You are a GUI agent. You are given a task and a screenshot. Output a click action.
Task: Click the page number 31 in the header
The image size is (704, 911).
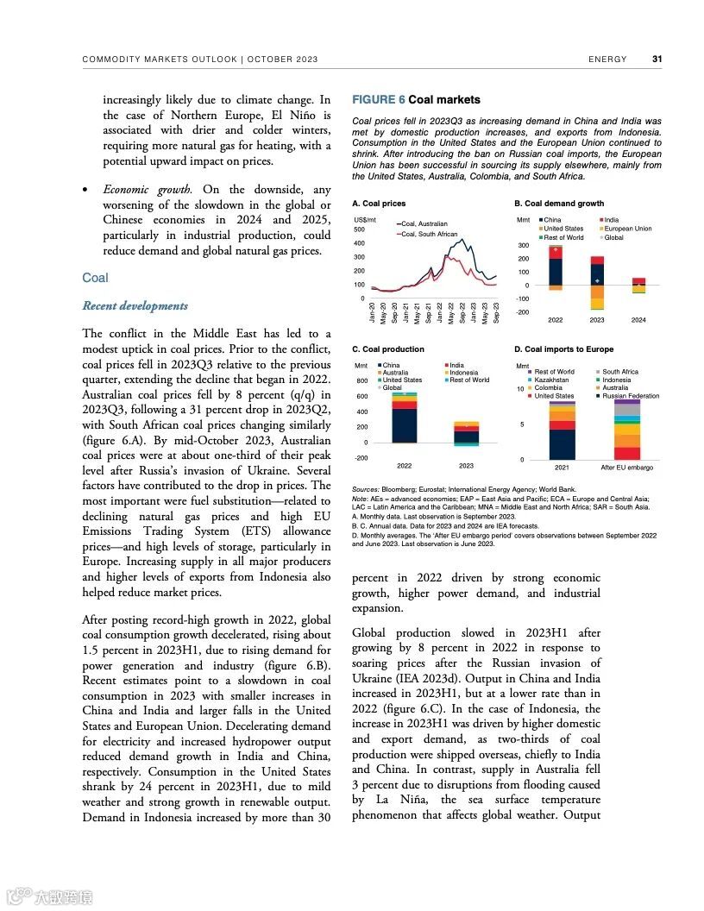pos(657,60)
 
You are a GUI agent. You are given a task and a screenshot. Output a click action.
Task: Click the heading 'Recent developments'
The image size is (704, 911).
pos(135,306)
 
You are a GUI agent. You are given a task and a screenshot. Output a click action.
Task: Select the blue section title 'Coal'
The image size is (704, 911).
pos(95,278)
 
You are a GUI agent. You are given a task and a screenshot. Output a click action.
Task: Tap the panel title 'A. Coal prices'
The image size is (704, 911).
pos(379,204)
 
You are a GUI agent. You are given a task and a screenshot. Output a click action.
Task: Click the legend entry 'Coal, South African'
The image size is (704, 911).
pos(429,234)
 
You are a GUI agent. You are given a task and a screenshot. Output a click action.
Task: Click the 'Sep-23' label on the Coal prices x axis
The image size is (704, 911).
pos(497,311)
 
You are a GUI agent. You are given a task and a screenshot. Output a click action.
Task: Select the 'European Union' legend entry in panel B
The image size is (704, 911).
pos(627,229)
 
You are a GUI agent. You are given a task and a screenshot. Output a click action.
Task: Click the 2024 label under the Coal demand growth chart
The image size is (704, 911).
pos(638,320)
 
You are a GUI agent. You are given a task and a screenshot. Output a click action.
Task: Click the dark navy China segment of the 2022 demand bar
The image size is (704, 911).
pos(556,271)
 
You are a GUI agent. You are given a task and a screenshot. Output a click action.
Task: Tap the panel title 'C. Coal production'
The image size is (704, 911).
pos(388,349)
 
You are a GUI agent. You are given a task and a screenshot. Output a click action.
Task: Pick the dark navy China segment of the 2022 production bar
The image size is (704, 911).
pos(404,425)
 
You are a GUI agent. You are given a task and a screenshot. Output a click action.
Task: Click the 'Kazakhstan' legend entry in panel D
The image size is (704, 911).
pos(551,380)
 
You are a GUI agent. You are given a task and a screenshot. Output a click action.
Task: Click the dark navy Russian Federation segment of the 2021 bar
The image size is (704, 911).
pos(562,444)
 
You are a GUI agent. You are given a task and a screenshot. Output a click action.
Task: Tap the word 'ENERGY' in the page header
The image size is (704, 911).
pos(607,60)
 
